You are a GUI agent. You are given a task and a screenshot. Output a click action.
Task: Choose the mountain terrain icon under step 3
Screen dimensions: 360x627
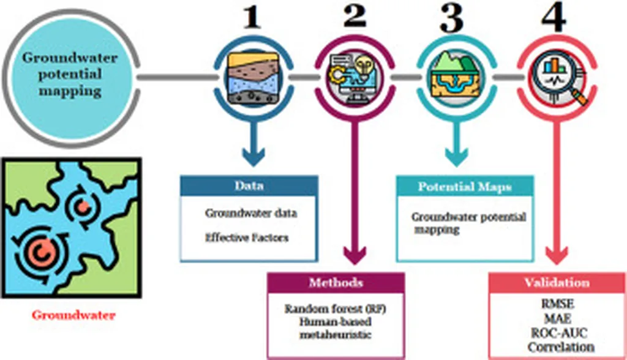coord(454,77)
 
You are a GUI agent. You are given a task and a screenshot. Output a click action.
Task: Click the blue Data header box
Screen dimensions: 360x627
coord(248,186)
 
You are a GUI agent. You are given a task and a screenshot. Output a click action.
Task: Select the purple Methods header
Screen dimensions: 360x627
coord(335,282)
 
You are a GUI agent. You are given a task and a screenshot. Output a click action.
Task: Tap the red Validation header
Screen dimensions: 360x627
coord(557,282)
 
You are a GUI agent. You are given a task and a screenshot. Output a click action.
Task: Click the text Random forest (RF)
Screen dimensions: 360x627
coord(336,308)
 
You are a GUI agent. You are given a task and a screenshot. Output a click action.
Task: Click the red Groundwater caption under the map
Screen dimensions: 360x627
coord(74,316)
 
